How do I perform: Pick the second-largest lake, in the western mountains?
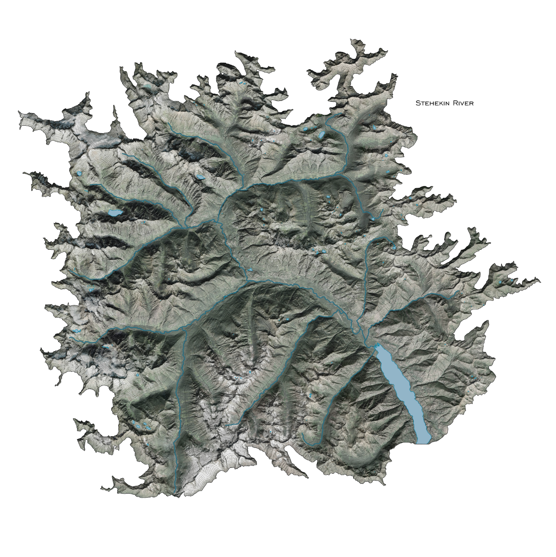[x=115, y=213]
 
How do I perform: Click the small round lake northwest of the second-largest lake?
[x=80, y=173]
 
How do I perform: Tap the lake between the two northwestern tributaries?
[x=199, y=177]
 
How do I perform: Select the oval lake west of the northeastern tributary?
[x=321, y=135]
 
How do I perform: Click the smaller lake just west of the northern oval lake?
[x=306, y=130]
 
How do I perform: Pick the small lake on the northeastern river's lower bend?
[x=372, y=218]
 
